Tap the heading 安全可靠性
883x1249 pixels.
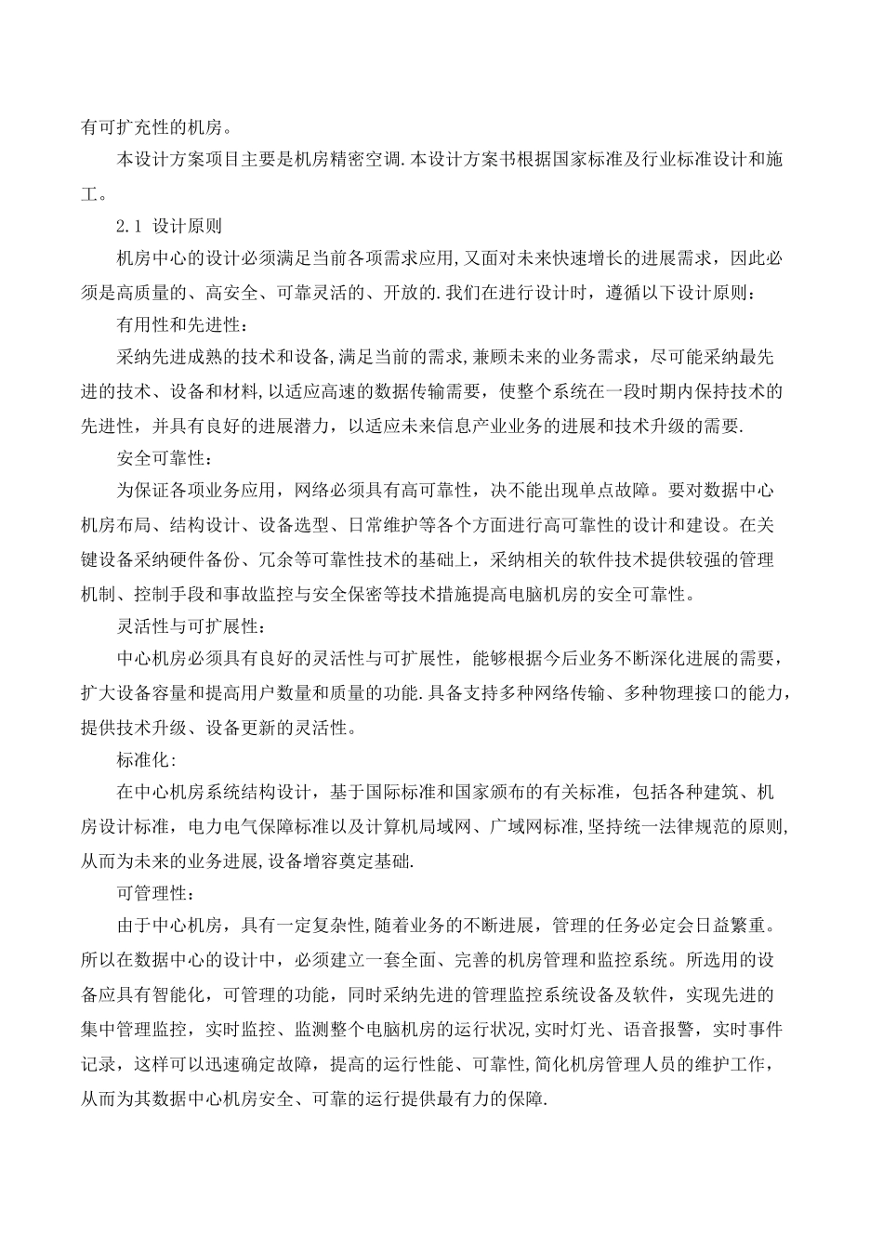(x=162, y=459)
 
